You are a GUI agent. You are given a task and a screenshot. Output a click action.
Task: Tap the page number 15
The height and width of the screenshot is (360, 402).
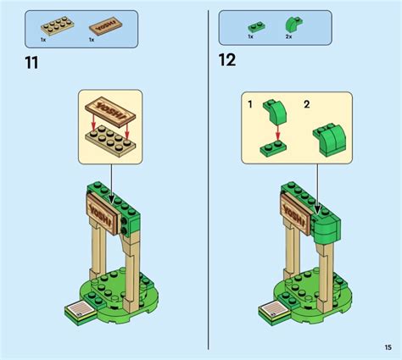click(x=386, y=346)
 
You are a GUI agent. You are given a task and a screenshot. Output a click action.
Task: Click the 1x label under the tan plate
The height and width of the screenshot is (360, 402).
click(x=43, y=40)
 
